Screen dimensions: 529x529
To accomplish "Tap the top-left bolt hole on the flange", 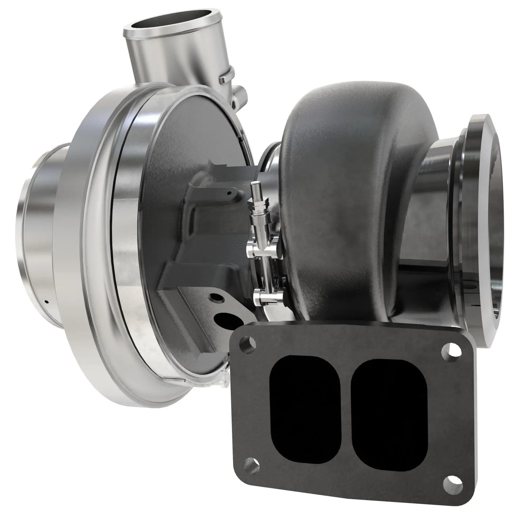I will pyautogui.click(x=248, y=344).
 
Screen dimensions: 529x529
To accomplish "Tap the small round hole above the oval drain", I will pyautogui.click(x=217, y=297).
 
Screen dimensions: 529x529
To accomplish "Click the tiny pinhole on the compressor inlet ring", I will pyautogui.click(x=47, y=302).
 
